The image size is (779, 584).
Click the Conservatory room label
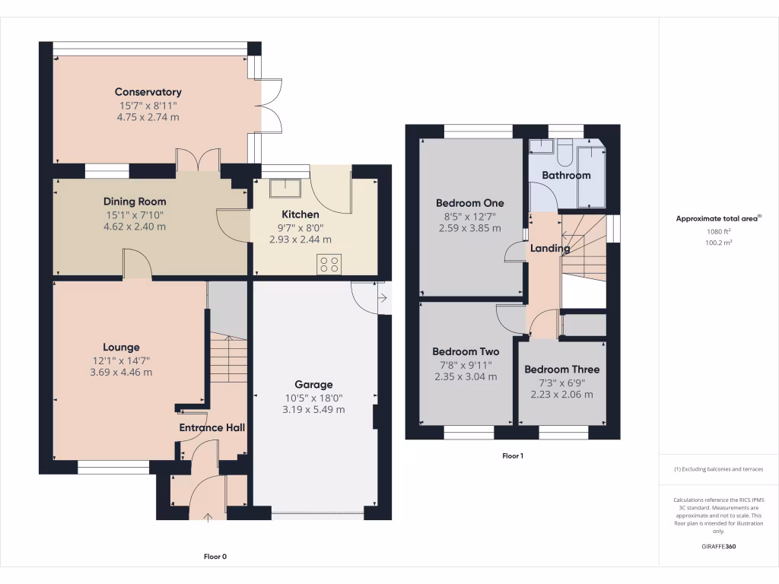point(148,92)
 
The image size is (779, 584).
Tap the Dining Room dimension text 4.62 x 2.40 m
point(135,227)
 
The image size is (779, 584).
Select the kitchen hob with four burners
point(329,265)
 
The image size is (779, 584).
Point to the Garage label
point(313,385)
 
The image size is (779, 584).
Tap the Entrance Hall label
point(211,428)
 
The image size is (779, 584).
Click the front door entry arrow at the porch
point(208,519)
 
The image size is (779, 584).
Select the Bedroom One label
point(469,203)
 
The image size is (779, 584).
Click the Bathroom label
point(565,176)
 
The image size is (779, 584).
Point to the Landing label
point(549,249)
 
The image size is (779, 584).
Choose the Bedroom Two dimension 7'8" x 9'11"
point(466,364)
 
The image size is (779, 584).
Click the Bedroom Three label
point(561,370)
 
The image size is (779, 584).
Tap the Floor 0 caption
point(215,557)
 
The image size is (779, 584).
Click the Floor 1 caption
point(513,456)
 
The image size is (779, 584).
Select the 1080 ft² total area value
point(718,231)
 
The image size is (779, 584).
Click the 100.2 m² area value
point(718,243)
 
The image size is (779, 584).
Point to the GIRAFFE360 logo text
point(718,547)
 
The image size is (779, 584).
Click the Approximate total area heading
point(717,218)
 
